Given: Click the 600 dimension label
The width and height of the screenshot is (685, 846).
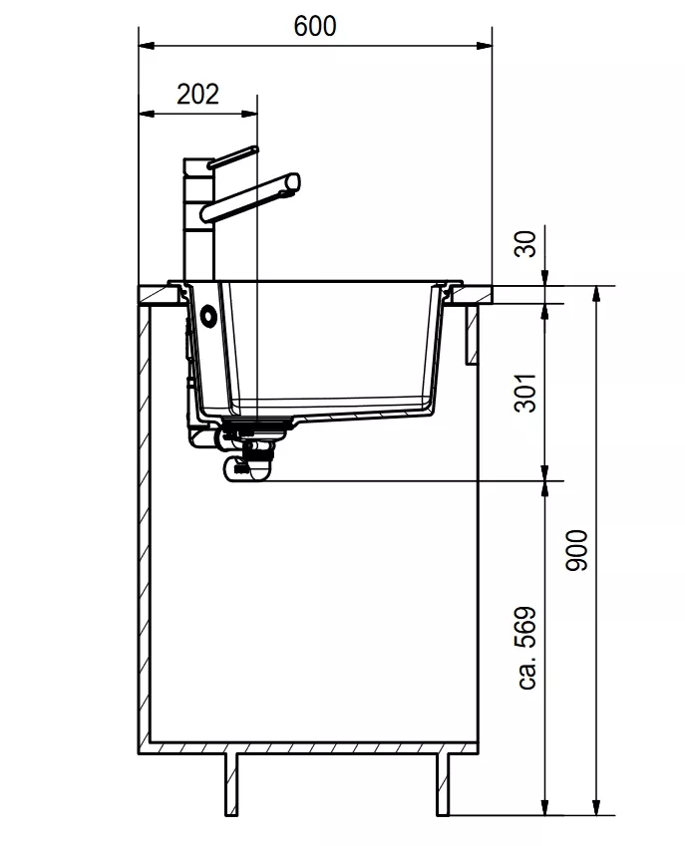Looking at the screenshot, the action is (315, 26).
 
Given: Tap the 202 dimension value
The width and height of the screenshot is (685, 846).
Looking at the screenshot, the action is (198, 95).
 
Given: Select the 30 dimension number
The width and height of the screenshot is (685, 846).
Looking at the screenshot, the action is (525, 244).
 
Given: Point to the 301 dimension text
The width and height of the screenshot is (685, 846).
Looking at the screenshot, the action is (525, 393).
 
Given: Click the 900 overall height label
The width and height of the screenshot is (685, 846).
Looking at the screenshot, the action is (576, 550).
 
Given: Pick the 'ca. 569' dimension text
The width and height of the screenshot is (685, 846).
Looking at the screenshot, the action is (526, 648).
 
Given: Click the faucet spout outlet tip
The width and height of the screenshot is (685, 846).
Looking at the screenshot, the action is (294, 181).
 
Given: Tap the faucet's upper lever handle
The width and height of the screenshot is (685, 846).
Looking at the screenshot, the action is (233, 156).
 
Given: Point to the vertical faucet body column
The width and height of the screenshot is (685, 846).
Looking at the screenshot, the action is (199, 219).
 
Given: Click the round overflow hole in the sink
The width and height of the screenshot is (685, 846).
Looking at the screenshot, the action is (207, 316).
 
